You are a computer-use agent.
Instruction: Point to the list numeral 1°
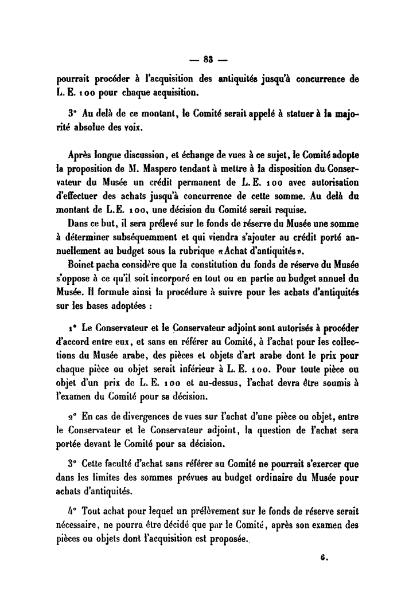[72, 328]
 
